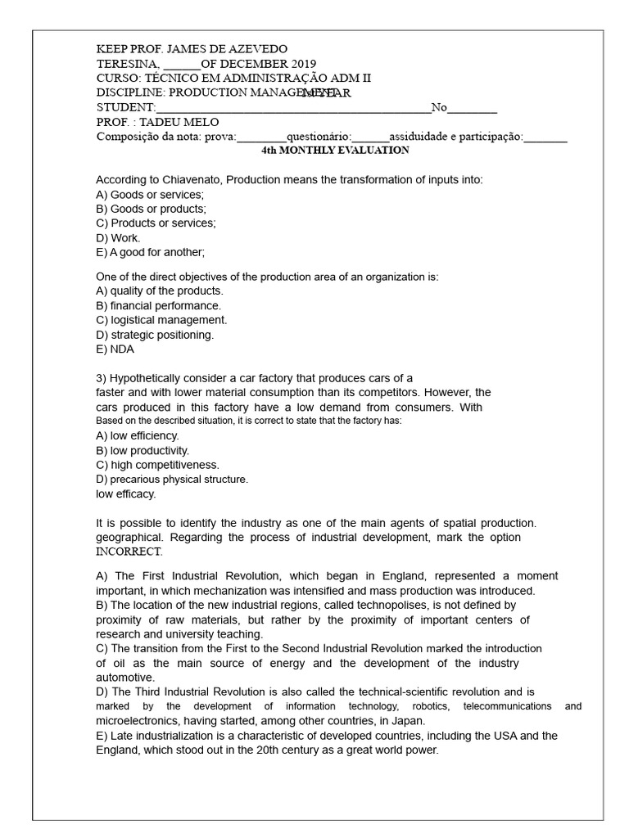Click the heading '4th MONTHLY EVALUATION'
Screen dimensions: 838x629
pos(335,151)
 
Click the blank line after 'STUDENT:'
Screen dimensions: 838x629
pos(292,108)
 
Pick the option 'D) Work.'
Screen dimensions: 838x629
pos(118,237)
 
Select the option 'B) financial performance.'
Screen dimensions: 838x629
pos(158,305)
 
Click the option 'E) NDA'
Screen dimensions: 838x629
pos(115,349)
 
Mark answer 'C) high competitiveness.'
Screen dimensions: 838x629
pos(157,465)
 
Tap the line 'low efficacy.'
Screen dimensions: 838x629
pos(125,493)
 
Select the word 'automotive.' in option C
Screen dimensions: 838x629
pos(125,678)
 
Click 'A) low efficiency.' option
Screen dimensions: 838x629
pos(137,435)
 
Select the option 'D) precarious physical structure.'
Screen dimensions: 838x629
pos(172,479)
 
